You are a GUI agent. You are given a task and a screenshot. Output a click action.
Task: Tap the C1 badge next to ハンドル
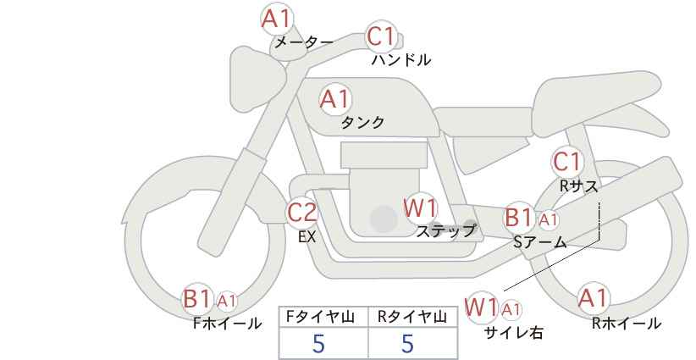coord(382,37)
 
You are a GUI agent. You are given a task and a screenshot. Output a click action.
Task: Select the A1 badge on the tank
coord(334,99)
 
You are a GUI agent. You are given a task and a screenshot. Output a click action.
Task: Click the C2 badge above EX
coord(302,212)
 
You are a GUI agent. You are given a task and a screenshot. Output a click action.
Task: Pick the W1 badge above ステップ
coord(420,208)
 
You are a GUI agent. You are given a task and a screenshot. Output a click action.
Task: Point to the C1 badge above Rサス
coord(566,161)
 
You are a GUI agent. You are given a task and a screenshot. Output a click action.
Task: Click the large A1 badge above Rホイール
coord(593,298)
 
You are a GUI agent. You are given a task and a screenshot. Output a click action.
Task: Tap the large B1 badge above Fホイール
coord(197,299)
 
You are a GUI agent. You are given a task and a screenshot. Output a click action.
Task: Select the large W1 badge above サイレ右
coord(481,307)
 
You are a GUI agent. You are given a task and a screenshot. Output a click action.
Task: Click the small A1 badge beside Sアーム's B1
coord(548,219)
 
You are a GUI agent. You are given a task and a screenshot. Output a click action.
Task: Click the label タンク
coord(362,123)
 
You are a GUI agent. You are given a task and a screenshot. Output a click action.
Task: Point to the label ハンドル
coord(401,60)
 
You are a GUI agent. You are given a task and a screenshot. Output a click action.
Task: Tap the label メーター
coord(303,42)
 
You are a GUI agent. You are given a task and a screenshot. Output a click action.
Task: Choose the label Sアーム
coord(540,241)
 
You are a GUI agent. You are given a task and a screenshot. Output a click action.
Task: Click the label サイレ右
coord(513,333)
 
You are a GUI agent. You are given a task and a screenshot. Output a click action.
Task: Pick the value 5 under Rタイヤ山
coord(407,343)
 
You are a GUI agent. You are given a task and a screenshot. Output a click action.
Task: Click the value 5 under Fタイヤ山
coord(318,343)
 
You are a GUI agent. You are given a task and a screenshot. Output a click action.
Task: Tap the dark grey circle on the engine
coord(384,219)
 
